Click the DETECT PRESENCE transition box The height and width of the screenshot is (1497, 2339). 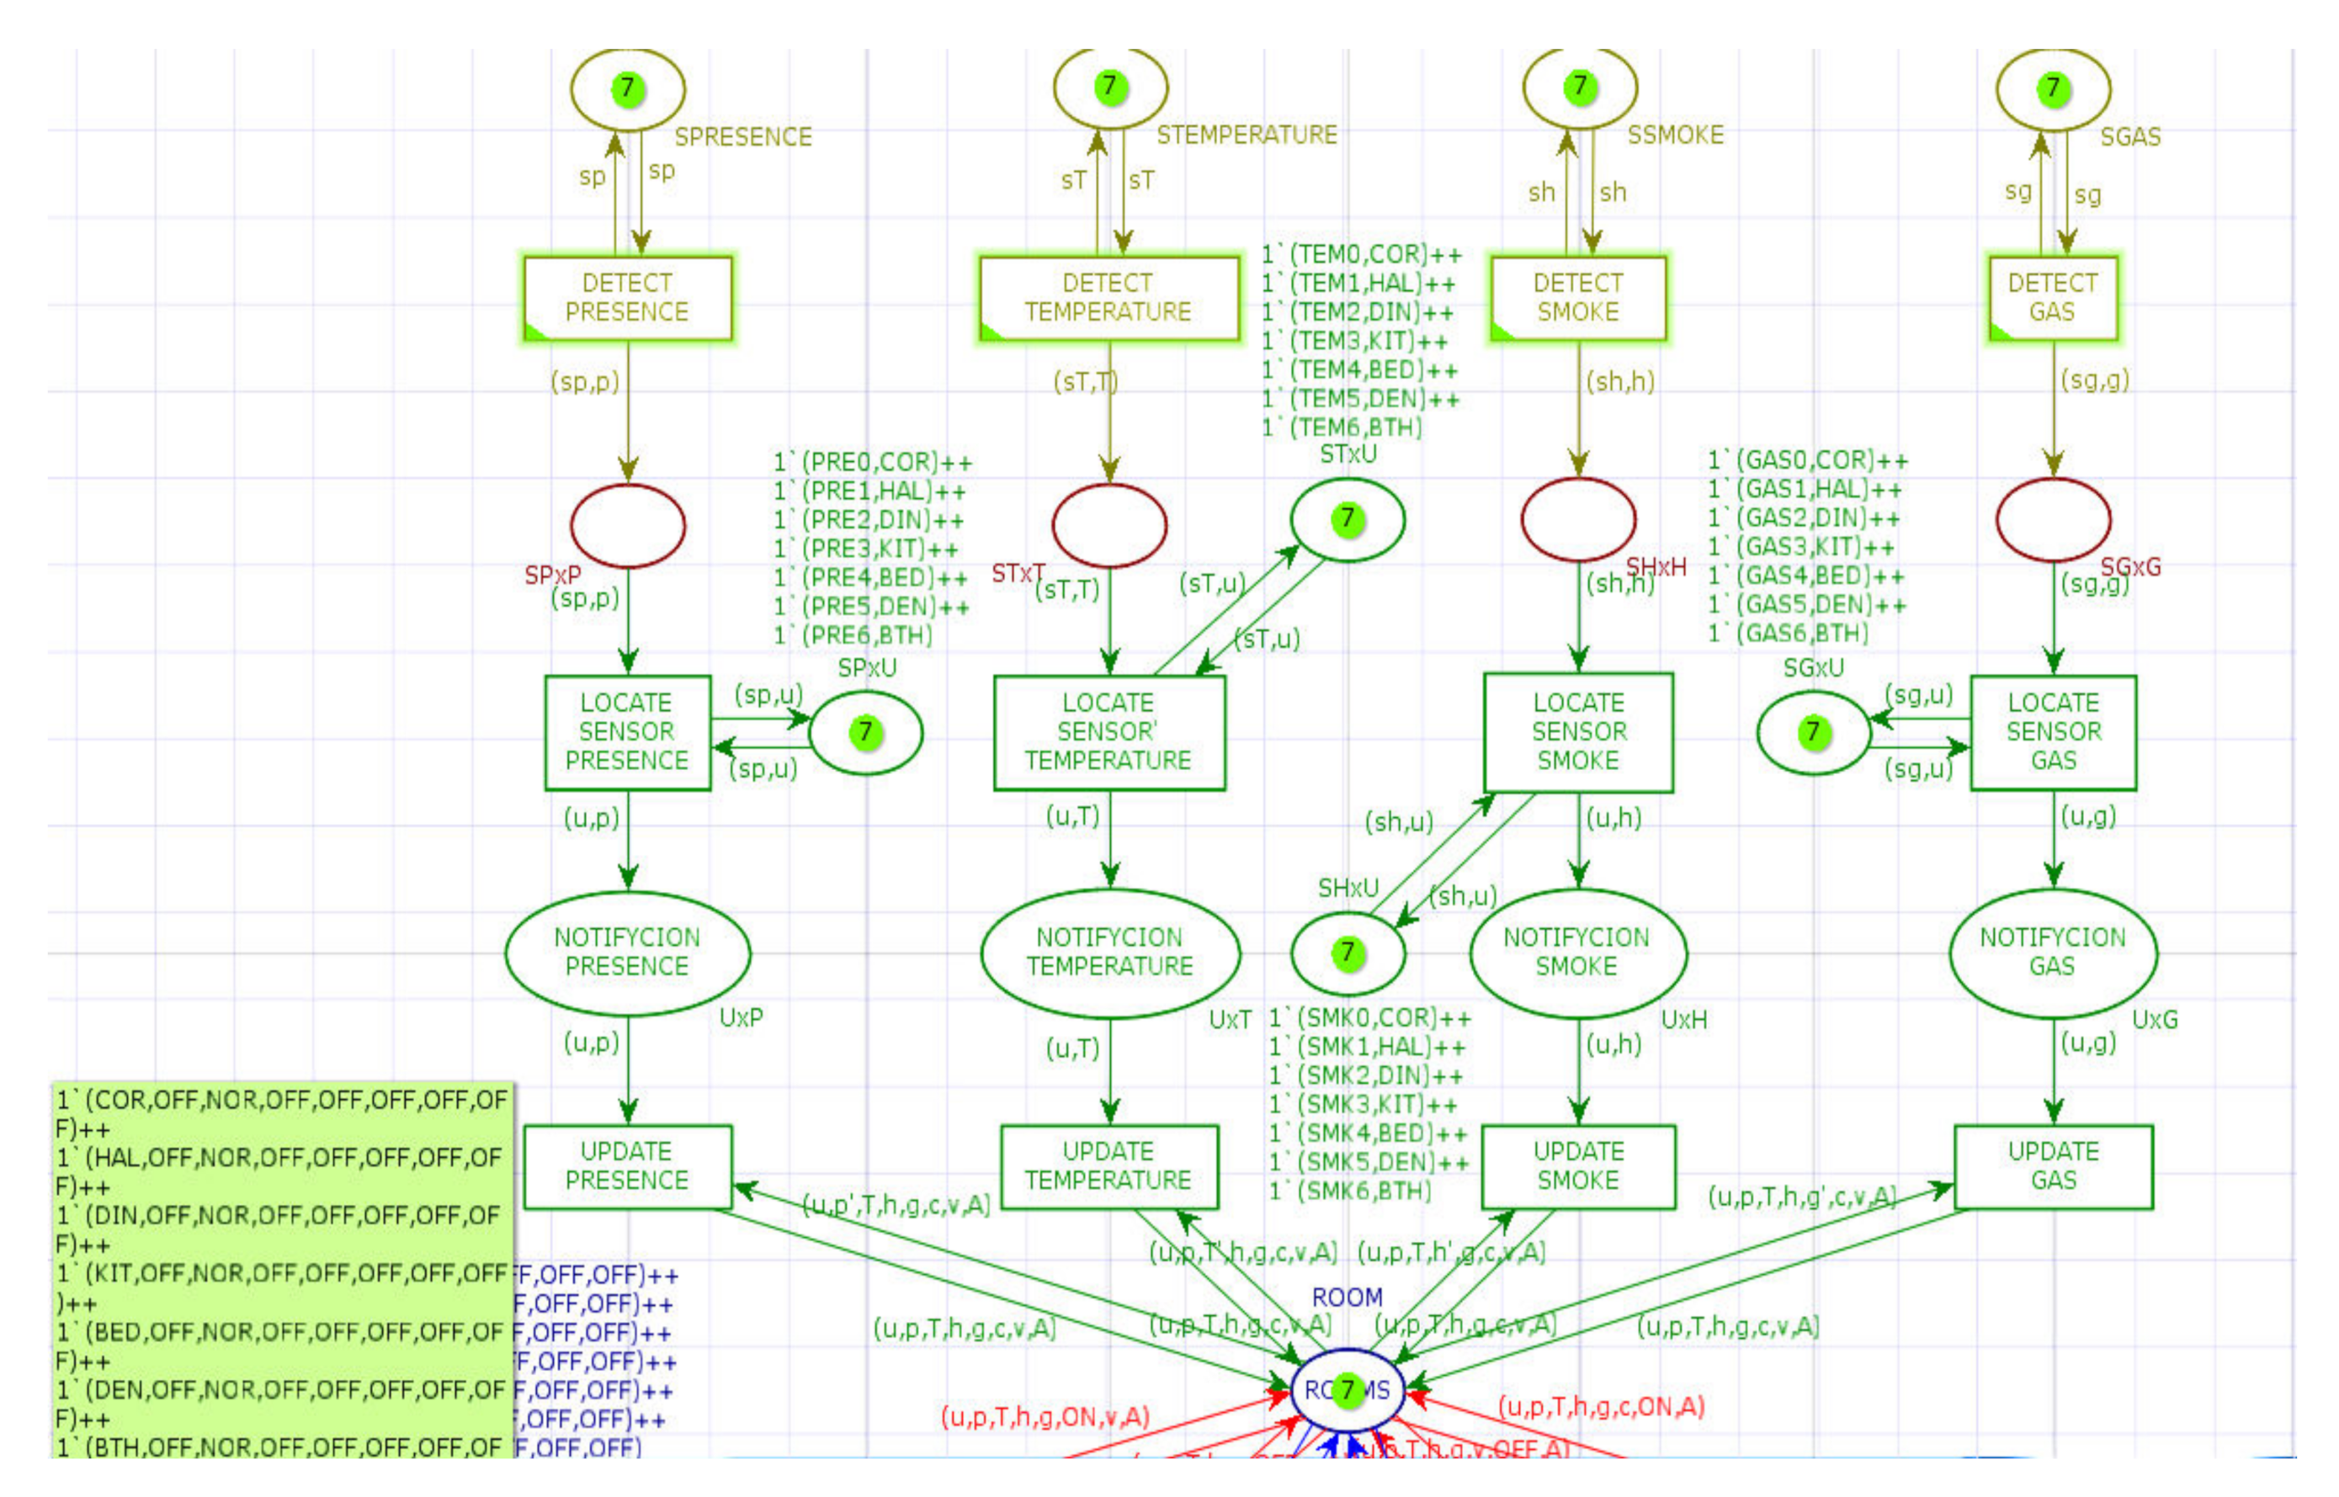(x=627, y=297)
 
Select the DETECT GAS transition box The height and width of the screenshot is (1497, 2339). (x=2051, y=297)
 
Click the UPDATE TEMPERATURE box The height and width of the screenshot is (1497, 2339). (x=1108, y=1165)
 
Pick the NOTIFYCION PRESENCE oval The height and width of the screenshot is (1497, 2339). (x=627, y=952)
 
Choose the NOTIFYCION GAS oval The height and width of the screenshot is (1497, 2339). (x=2051, y=952)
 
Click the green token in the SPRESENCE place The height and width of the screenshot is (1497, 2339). (x=627, y=88)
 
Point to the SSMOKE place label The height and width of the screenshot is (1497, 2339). (x=1674, y=135)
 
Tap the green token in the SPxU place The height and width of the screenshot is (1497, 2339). (x=865, y=731)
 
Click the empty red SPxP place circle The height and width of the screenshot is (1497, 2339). (x=627, y=525)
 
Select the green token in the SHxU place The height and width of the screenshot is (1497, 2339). (x=1347, y=952)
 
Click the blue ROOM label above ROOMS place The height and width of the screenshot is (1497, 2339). (x=1347, y=1297)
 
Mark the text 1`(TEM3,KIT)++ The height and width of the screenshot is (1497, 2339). (x=1354, y=341)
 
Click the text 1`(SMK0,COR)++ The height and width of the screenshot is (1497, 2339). (x=1369, y=1017)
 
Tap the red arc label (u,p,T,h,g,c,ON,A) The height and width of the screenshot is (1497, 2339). (x=1600, y=1407)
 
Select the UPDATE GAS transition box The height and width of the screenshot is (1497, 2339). (x=2051, y=1165)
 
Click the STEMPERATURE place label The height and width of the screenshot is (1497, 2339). (x=1247, y=135)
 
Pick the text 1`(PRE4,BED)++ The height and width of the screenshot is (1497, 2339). (x=870, y=578)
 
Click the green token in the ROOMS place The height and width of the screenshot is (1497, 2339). (x=1347, y=1390)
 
